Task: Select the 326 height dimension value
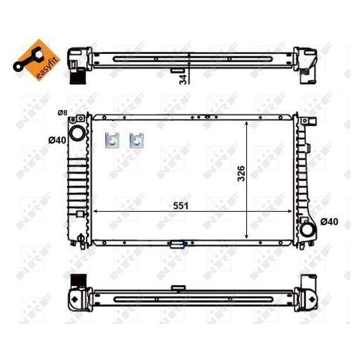coord(240,174)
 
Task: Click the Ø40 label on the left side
coord(58,139)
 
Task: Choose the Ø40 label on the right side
coord(328,221)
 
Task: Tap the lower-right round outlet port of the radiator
coord(308,230)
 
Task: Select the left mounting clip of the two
coord(112,140)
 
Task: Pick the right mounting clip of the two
coord(135,140)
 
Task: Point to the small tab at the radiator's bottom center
coord(176,244)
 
